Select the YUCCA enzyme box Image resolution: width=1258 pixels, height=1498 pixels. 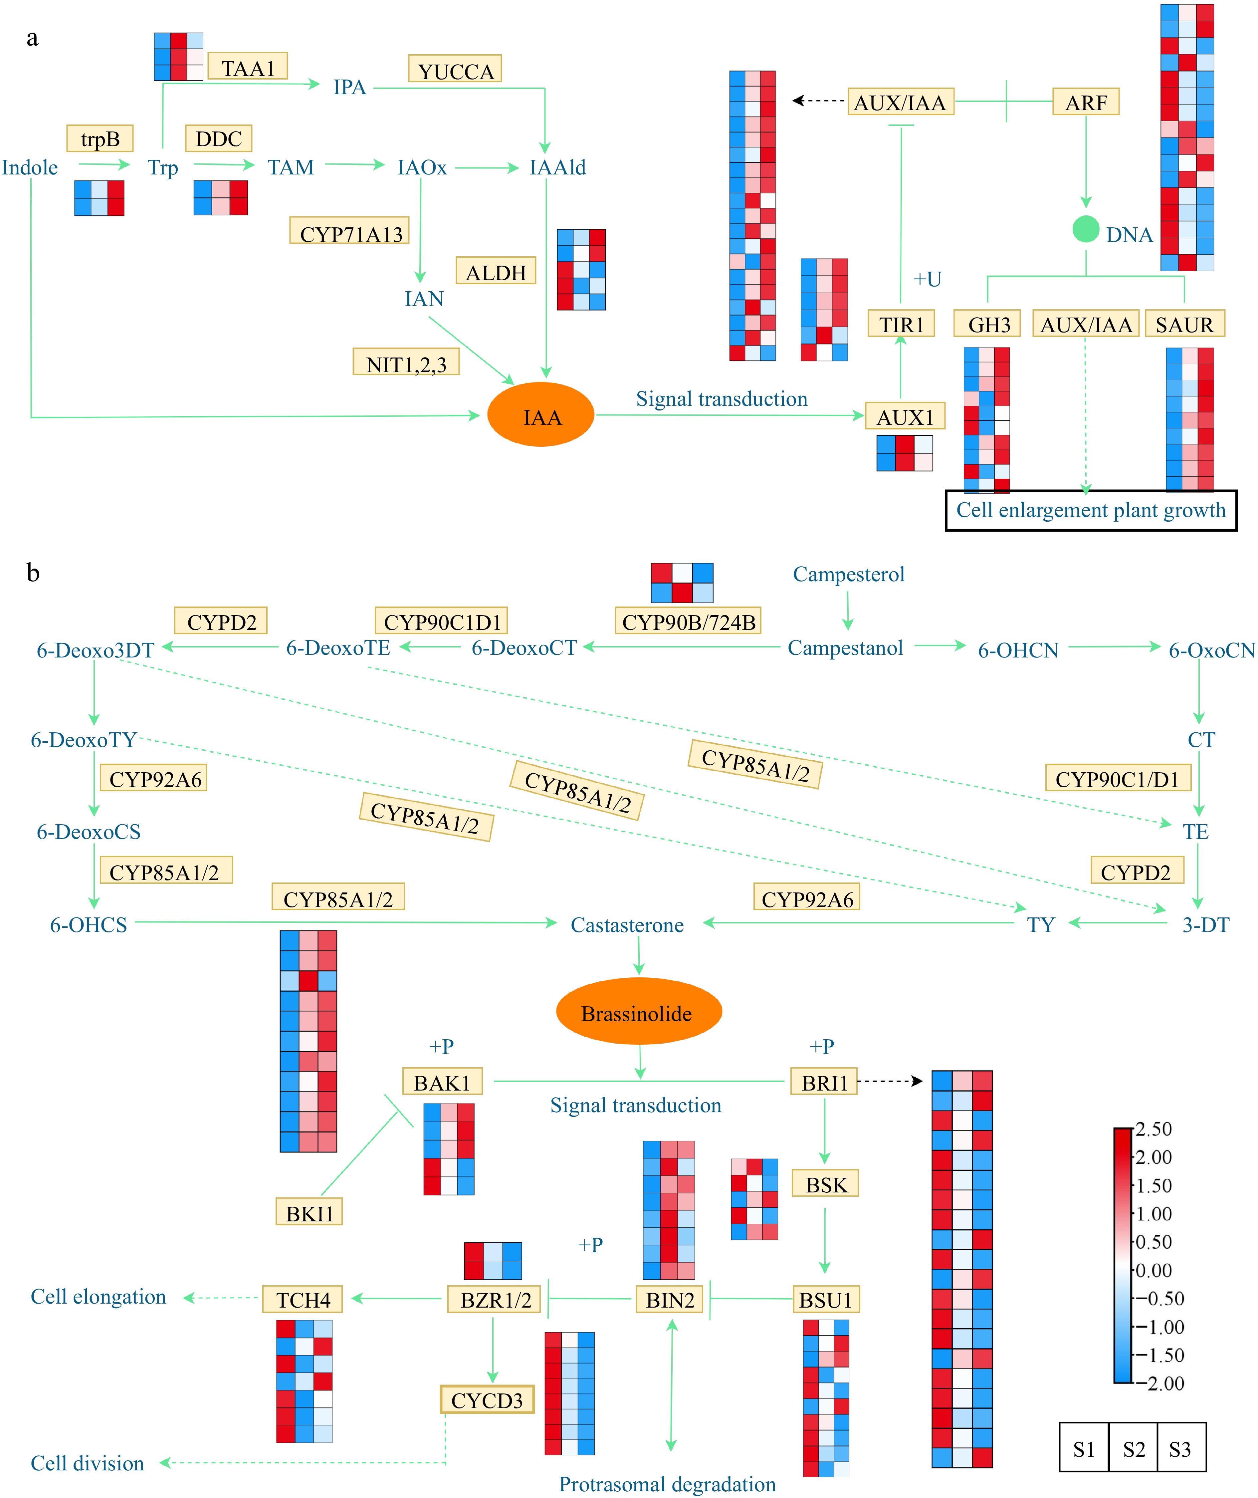(x=455, y=69)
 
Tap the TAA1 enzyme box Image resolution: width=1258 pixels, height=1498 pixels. (x=248, y=66)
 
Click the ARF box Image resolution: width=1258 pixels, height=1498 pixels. (x=1085, y=101)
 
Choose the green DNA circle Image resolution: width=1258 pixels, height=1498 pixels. (x=1085, y=229)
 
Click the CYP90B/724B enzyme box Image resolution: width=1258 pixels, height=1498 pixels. (x=688, y=621)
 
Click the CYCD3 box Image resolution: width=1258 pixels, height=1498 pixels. (x=487, y=1399)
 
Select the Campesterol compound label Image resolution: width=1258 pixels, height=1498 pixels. (x=849, y=574)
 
